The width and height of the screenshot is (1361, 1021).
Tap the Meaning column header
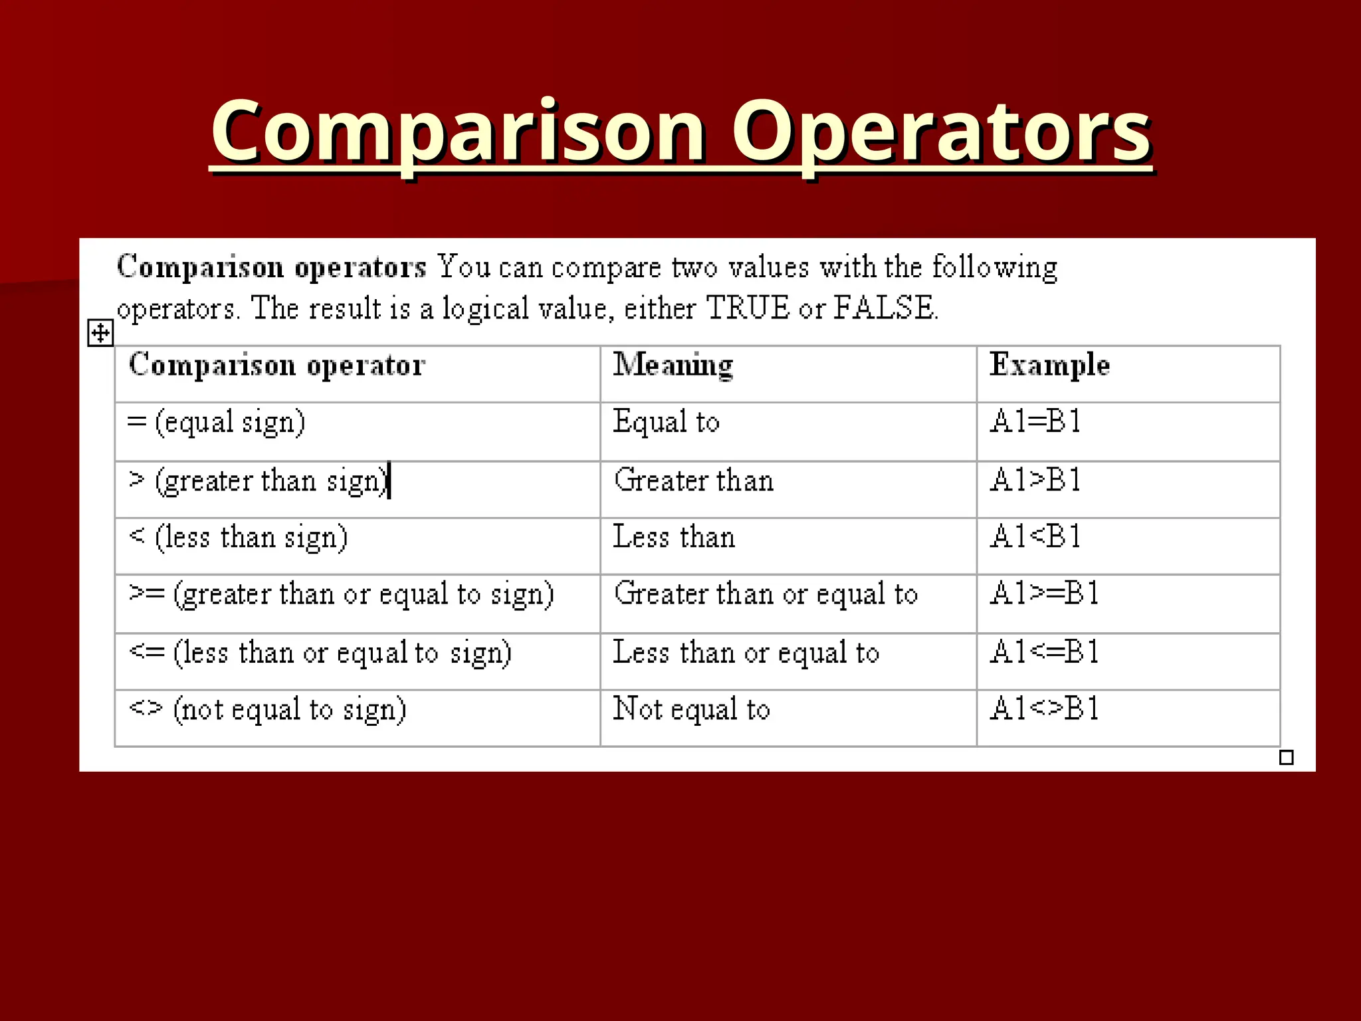[673, 365]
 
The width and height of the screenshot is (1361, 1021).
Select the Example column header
[1049, 365]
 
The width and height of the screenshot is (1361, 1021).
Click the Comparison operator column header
[276, 365]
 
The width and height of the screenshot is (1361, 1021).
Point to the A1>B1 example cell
[1035, 480]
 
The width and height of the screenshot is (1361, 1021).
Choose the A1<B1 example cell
[1035, 536]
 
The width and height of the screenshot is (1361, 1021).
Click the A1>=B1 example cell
[1044, 594]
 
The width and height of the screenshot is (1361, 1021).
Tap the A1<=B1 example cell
[1044, 652]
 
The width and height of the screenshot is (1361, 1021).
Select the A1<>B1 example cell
[1044, 709]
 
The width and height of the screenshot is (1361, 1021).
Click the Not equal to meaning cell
[691, 709]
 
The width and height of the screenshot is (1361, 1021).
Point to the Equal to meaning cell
[666, 422]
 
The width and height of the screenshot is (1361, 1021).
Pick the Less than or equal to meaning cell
[746, 652]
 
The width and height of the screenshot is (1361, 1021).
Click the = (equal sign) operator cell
[216, 422]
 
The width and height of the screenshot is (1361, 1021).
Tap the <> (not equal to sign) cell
[267, 709]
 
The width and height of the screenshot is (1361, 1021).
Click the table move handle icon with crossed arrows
[100, 333]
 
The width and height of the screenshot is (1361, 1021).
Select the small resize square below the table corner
[1286, 757]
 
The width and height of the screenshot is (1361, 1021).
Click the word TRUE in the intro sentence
[747, 308]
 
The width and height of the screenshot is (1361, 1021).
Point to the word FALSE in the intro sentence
[883, 308]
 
